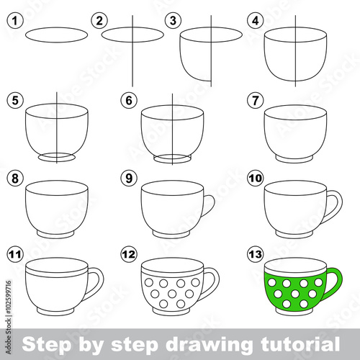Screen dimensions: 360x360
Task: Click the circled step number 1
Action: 15,21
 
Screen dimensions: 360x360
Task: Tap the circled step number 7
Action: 256,100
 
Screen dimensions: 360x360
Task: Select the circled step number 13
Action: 256,254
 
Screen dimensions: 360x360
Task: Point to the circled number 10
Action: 256,179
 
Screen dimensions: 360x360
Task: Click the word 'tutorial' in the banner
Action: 300,344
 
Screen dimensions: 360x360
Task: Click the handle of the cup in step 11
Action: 99,282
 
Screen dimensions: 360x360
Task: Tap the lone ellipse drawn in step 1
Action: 56,35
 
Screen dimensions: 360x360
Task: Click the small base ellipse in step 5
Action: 57,157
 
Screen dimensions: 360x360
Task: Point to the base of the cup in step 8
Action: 55,234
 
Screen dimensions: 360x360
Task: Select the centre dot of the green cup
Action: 294,294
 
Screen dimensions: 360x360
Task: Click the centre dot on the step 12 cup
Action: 172,294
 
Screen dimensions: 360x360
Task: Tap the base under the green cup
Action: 294,311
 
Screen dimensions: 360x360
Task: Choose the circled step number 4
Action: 256,21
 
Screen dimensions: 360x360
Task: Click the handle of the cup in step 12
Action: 215,282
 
